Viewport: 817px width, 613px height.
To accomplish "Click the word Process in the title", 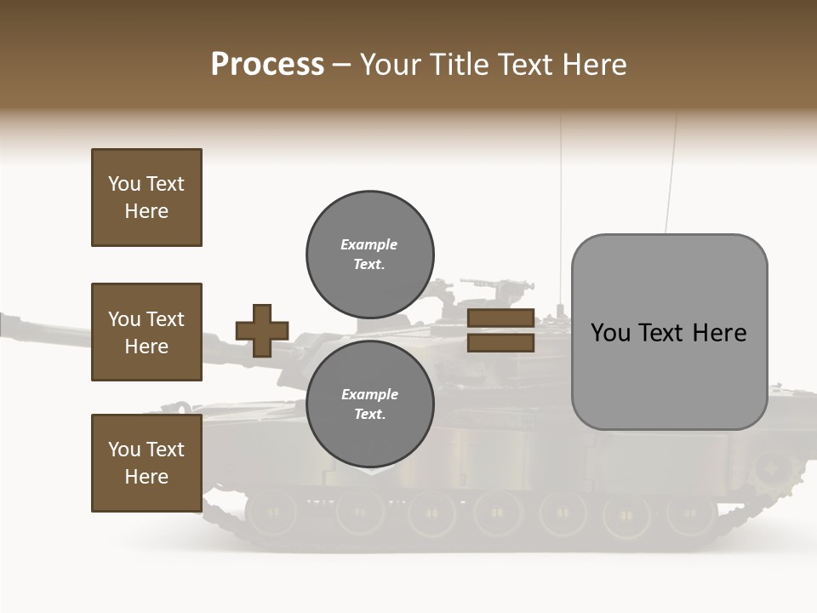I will pyautogui.click(x=267, y=65).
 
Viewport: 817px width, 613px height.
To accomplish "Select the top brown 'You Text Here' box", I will pyautogui.click(x=146, y=198).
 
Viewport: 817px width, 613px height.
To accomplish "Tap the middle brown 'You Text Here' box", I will pyautogui.click(x=146, y=332).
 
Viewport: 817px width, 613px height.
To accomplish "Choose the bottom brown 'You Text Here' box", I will pyautogui.click(x=146, y=463).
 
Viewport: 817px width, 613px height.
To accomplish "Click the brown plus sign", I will pyautogui.click(x=262, y=330).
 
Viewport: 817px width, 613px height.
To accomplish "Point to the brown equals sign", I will pyautogui.click(x=500, y=330).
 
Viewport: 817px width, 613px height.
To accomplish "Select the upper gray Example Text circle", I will pyautogui.click(x=369, y=254).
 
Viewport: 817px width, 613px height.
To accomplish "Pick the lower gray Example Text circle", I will pyautogui.click(x=369, y=404).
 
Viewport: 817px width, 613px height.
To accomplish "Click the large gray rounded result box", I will pyautogui.click(x=669, y=332).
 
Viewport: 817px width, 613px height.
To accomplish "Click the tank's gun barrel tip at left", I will pyautogui.click(x=7, y=324).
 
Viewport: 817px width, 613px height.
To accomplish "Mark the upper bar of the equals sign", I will pyautogui.click(x=500, y=318).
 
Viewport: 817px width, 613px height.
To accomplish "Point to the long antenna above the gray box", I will pyautogui.click(x=672, y=170).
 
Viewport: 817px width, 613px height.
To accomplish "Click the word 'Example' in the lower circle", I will pyautogui.click(x=369, y=394).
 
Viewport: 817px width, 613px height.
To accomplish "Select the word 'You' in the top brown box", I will pyautogui.click(x=123, y=184).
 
